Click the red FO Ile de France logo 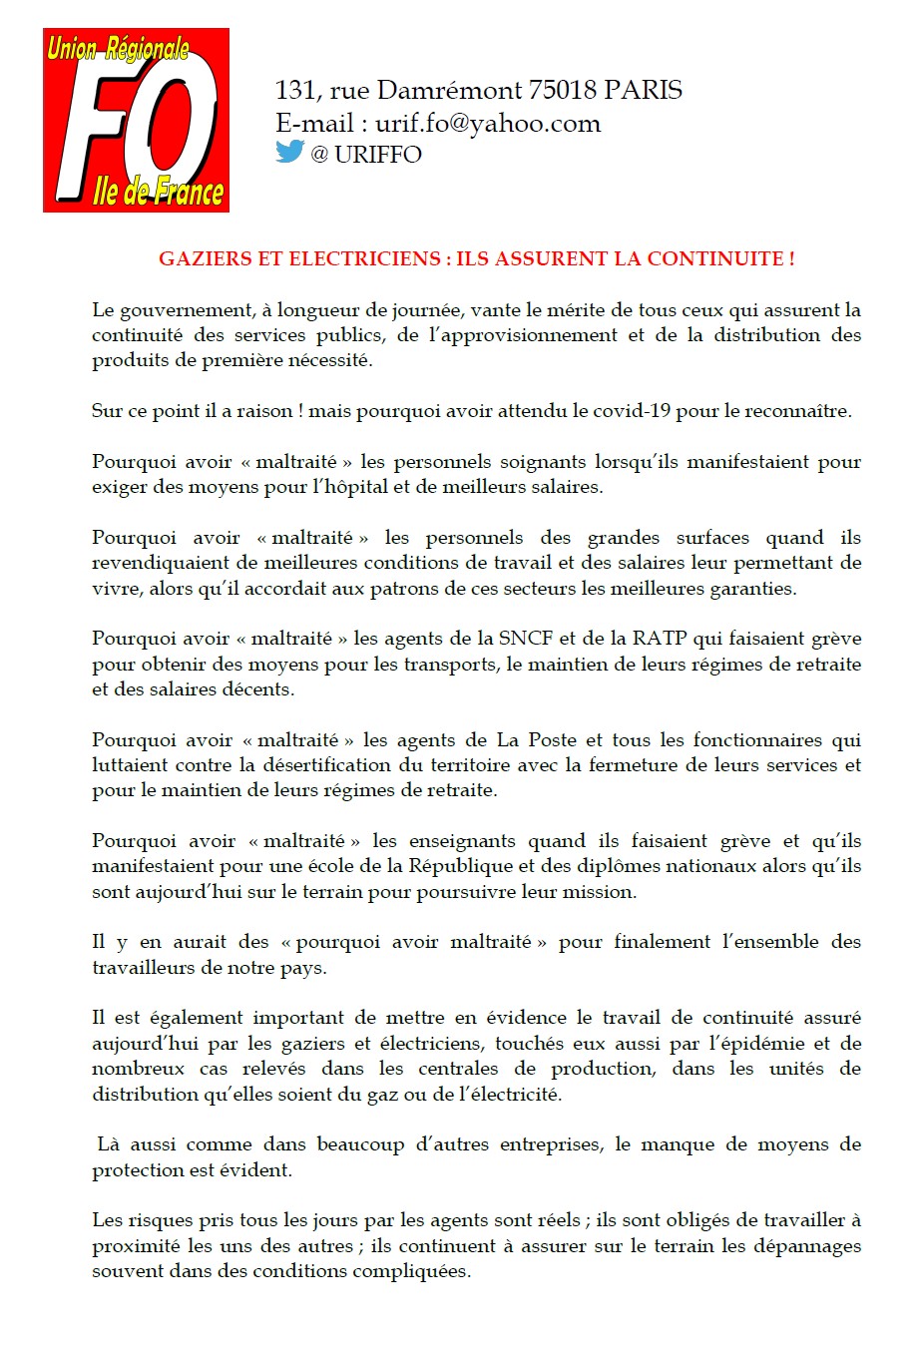pyautogui.click(x=136, y=120)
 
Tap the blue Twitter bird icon pyautogui.click(x=289, y=152)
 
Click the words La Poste pyautogui.click(x=537, y=740)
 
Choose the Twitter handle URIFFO pyautogui.click(x=378, y=155)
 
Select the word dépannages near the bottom pyautogui.click(x=809, y=1246)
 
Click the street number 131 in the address pyautogui.click(x=294, y=91)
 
